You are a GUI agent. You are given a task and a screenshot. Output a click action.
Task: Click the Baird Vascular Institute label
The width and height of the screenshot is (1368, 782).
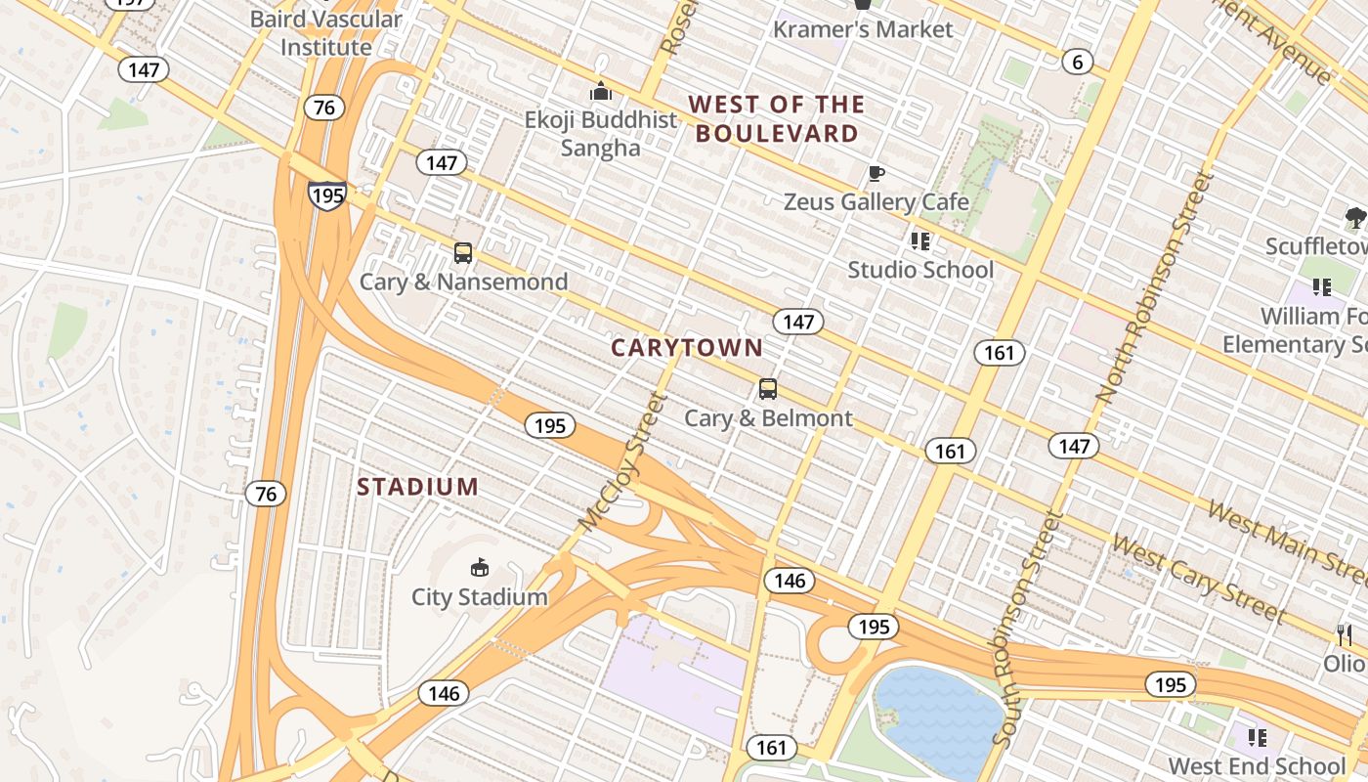point(325,32)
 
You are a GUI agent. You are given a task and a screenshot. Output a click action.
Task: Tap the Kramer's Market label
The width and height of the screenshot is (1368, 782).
point(862,29)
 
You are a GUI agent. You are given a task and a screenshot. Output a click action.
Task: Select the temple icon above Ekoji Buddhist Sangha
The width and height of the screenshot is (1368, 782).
point(600,92)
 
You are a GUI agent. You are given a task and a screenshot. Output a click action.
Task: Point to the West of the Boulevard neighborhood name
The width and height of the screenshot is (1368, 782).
point(777,118)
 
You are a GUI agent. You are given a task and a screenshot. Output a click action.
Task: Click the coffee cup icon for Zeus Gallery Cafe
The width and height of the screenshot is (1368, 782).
point(876,174)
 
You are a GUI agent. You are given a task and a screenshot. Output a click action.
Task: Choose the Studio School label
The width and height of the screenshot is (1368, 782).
point(919,269)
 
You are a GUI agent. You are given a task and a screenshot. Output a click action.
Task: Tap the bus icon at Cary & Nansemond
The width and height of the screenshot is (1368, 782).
point(463,253)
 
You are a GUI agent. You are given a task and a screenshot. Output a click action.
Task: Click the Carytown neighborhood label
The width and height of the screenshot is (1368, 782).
point(687,347)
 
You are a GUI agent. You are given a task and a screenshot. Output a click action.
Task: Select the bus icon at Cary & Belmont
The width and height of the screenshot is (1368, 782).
point(768,389)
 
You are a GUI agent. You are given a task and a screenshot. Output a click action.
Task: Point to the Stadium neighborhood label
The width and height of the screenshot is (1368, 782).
point(417,487)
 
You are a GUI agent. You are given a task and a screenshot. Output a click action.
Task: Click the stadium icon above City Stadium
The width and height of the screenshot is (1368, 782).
point(479,567)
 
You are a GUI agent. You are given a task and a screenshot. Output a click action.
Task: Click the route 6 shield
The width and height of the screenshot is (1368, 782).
point(1077,63)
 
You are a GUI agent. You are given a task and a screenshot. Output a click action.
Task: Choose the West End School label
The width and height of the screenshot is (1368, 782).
point(1257,765)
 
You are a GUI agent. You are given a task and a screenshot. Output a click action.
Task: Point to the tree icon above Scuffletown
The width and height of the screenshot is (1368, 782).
point(1354,217)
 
